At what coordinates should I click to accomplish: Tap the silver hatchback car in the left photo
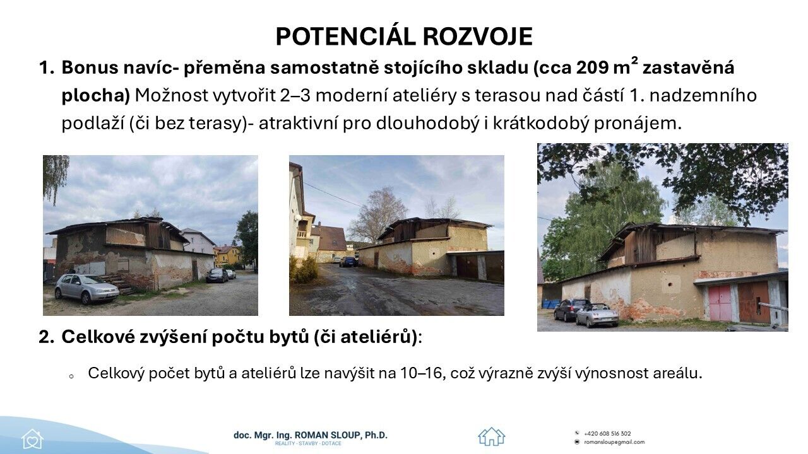coord(86,289)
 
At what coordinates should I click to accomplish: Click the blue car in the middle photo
coord(348,262)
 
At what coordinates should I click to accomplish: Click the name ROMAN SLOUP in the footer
coord(327,435)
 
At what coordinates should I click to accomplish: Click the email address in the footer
coord(614,442)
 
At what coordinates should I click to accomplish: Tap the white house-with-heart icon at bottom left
coord(32,439)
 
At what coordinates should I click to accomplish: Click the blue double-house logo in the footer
coord(492,436)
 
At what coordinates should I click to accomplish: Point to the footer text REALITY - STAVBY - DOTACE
coord(307,443)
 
